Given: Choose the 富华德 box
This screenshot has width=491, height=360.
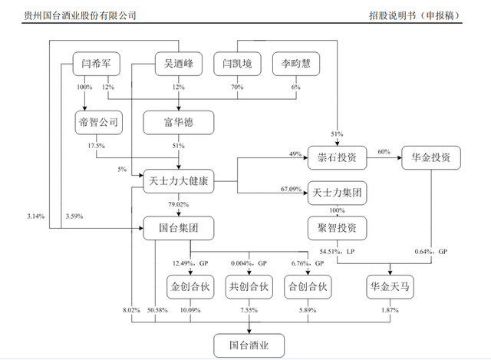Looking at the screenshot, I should click(178, 122).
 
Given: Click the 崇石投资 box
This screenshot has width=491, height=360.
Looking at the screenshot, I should click(338, 157).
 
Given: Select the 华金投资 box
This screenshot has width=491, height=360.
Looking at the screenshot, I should click(430, 157).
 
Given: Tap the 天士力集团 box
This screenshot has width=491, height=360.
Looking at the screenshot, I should click(338, 192).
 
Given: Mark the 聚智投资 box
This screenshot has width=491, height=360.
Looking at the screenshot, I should click(338, 228).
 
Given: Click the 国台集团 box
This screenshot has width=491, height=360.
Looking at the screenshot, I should click(178, 228).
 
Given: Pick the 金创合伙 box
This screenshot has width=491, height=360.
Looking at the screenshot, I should click(189, 287).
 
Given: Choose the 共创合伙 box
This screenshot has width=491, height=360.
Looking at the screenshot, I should click(249, 287).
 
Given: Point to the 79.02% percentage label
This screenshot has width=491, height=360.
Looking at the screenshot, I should click(178, 204).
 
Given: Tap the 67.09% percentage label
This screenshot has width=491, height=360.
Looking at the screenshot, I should click(295, 187).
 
